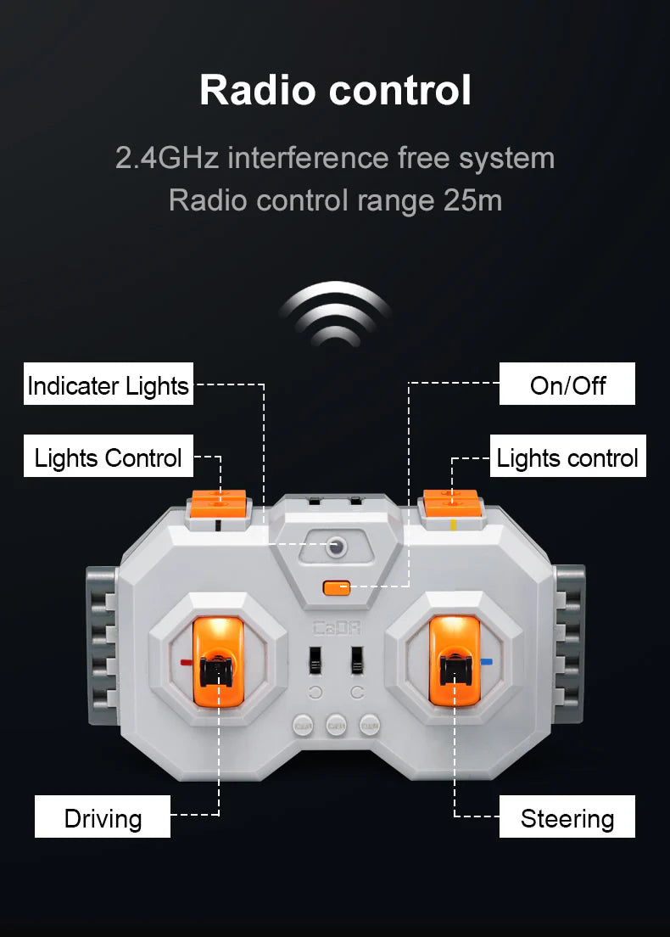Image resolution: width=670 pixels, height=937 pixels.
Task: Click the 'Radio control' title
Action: coord(335,90)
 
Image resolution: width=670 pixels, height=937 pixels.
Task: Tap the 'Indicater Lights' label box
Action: coord(108,384)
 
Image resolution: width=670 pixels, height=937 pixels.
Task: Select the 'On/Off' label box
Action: coord(567,384)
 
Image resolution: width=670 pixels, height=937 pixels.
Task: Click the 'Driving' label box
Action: coord(103,816)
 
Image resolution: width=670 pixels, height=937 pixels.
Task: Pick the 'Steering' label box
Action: coord(567,816)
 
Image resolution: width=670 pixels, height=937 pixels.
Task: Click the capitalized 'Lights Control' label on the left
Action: coord(108,456)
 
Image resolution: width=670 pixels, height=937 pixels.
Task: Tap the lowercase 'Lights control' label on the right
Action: coord(568,456)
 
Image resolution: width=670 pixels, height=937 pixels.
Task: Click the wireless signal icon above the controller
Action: coord(336,314)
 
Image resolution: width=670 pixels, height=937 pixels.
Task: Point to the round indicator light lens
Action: coord(336,547)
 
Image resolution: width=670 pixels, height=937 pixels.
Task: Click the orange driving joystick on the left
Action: coord(218,661)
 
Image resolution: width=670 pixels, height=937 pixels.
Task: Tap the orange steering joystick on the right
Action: coord(455,660)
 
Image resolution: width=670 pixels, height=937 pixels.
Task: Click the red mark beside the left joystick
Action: coord(186,662)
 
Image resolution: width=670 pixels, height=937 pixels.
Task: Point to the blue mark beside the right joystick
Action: coord(487,661)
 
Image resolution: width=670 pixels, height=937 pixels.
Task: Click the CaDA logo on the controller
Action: coord(337,628)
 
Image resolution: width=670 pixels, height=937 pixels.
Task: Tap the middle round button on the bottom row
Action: coord(336,726)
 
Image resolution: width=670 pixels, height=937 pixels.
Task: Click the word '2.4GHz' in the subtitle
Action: coord(166,159)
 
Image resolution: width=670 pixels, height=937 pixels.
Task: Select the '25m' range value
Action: coord(472,200)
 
